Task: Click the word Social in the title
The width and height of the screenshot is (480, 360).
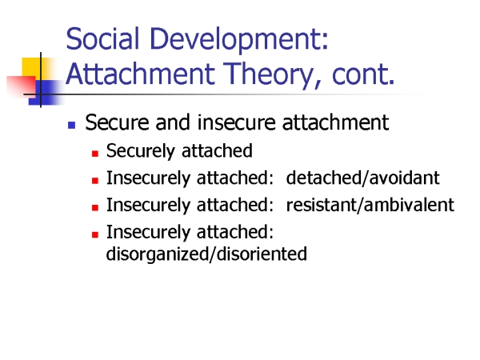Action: pos(102,38)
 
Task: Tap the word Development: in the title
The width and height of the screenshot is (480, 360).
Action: pos(239,40)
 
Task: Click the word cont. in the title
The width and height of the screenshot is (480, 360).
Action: pos(363,74)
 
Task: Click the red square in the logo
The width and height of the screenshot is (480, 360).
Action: pos(22,86)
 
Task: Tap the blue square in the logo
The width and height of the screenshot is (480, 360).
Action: pos(44,93)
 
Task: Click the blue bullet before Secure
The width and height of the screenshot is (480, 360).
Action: pos(72,125)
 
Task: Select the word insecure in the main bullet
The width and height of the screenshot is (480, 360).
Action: pos(237,122)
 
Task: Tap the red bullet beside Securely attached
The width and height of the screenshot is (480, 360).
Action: pos(95,154)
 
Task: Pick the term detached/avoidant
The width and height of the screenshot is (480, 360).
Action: pos(362,178)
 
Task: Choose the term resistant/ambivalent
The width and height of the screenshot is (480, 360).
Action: pos(370,205)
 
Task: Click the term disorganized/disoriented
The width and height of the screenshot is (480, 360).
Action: pos(206,254)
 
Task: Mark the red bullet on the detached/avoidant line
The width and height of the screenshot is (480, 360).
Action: pos(95,181)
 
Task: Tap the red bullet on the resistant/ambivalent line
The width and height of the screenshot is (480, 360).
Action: pos(95,208)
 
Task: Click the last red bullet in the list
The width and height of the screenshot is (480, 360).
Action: pos(95,234)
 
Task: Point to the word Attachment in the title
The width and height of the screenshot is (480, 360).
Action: pos(141,74)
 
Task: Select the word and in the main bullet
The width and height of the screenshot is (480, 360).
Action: pos(173,122)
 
